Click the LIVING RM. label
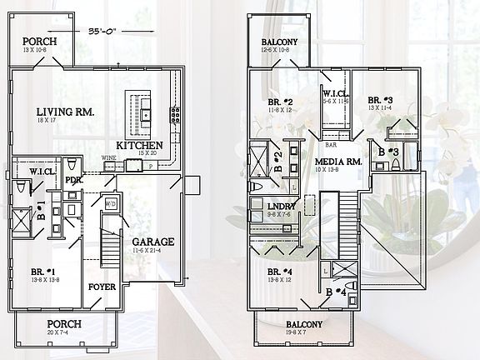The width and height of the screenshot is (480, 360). point(65,112)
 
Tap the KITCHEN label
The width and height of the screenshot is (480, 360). point(139,146)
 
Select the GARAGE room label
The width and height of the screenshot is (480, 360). point(152,242)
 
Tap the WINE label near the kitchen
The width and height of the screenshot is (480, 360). point(107,157)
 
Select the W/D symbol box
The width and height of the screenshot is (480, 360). point(109,202)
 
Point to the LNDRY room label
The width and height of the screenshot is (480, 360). point(277,205)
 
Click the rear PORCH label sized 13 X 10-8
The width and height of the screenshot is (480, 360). point(40,41)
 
